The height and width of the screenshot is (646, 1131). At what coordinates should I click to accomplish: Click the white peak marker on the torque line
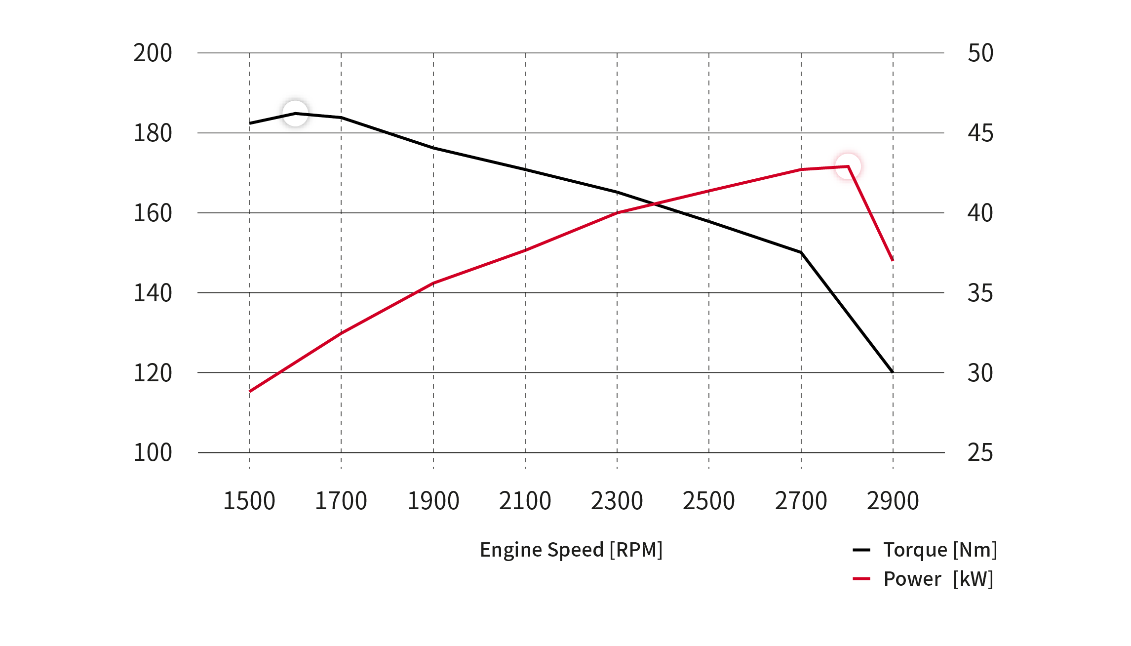[x=295, y=114]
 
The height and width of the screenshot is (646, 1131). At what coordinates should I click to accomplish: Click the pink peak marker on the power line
[x=848, y=166]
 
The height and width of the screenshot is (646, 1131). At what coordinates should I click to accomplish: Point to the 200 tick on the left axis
[x=153, y=53]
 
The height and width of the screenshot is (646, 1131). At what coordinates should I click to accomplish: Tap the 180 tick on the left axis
[x=153, y=133]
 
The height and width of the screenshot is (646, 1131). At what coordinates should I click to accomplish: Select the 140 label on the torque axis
[x=153, y=293]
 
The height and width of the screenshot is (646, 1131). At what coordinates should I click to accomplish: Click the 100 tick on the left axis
[x=153, y=452]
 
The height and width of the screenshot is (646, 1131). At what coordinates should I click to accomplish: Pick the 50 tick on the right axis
[x=980, y=53]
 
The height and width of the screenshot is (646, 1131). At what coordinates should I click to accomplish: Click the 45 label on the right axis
[x=980, y=133]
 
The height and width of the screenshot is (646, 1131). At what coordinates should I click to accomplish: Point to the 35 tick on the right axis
[x=980, y=293]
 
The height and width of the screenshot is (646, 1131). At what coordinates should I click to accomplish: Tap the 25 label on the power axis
[x=980, y=452]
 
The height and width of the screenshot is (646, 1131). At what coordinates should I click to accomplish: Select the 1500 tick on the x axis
[x=249, y=501]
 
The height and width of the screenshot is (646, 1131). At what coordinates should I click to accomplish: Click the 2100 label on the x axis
[x=525, y=501]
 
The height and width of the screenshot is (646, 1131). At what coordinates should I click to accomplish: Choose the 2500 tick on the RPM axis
[x=709, y=501]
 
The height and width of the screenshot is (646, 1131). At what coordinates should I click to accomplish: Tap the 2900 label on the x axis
[x=893, y=501]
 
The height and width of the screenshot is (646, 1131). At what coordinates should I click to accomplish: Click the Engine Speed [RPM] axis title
[x=571, y=550]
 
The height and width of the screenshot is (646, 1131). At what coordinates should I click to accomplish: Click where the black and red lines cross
[x=655, y=203]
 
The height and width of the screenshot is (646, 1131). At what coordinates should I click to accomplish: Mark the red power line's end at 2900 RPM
[x=893, y=260]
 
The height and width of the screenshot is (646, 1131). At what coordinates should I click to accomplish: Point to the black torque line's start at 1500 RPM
[x=250, y=123]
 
